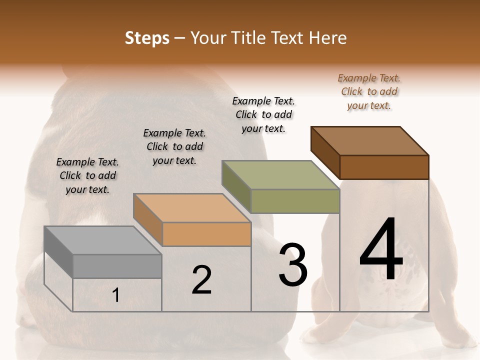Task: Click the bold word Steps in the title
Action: tap(146, 38)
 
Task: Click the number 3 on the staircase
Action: tap(293, 265)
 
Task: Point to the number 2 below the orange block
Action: tap(201, 280)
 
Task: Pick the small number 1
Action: tap(116, 295)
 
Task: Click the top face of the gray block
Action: tap(103, 240)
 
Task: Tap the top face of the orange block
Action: tap(192, 208)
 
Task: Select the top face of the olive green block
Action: tap(280, 175)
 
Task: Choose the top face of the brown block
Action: tap(370, 141)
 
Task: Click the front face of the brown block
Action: tap(384, 167)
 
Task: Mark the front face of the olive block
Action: tap(295, 201)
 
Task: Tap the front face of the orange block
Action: tap(206, 234)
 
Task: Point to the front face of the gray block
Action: tap(117, 266)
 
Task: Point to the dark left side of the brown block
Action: tap(325, 152)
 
